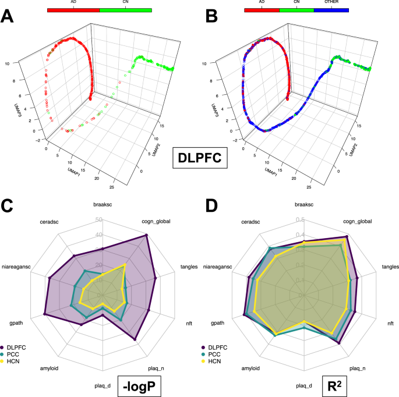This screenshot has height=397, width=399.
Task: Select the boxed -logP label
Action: pyautogui.click(x=138, y=385)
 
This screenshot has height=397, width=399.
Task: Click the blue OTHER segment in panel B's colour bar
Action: pyautogui.click(x=331, y=10)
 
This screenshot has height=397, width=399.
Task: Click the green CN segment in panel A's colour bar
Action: pyautogui.click(x=126, y=10)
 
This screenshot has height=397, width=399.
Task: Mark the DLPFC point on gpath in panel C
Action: pyautogui.click(x=45, y=315)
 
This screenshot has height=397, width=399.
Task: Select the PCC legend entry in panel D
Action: pyautogui.click(x=216, y=354)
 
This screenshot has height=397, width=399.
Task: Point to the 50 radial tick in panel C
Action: pyautogui.click(x=99, y=220)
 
